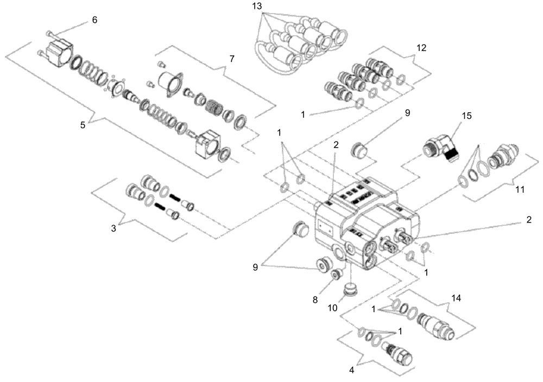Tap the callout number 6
tap(94, 20)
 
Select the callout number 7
tap(232, 59)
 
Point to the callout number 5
tap(82, 125)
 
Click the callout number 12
tap(422, 48)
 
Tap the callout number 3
tap(114, 229)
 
